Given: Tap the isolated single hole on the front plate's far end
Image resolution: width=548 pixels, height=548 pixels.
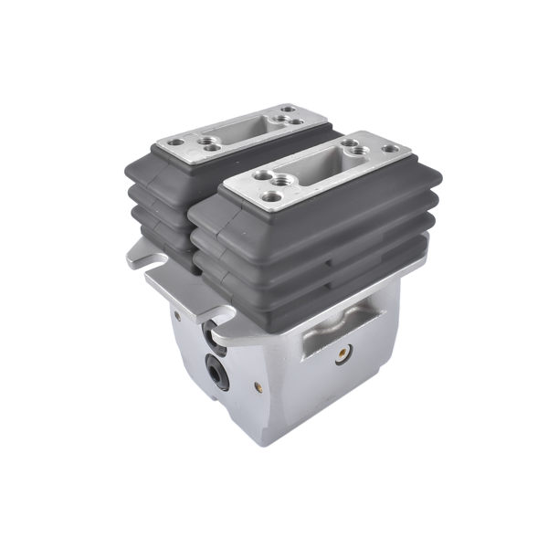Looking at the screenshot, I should click(x=390, y=147).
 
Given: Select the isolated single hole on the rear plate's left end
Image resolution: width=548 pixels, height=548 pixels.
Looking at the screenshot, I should click(x=174, y=143).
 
